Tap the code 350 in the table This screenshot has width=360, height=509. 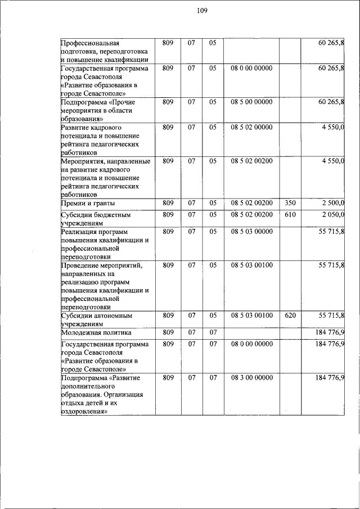click(290, 203)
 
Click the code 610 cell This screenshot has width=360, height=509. click(290, 214)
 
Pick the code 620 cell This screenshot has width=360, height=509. click(290, 316)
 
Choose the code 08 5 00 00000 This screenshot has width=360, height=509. click(251, 102)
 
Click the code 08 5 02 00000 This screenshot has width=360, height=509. click(251, 127)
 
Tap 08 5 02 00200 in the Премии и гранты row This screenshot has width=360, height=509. click(251, 203)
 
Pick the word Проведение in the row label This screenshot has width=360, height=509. click(79, 265)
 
